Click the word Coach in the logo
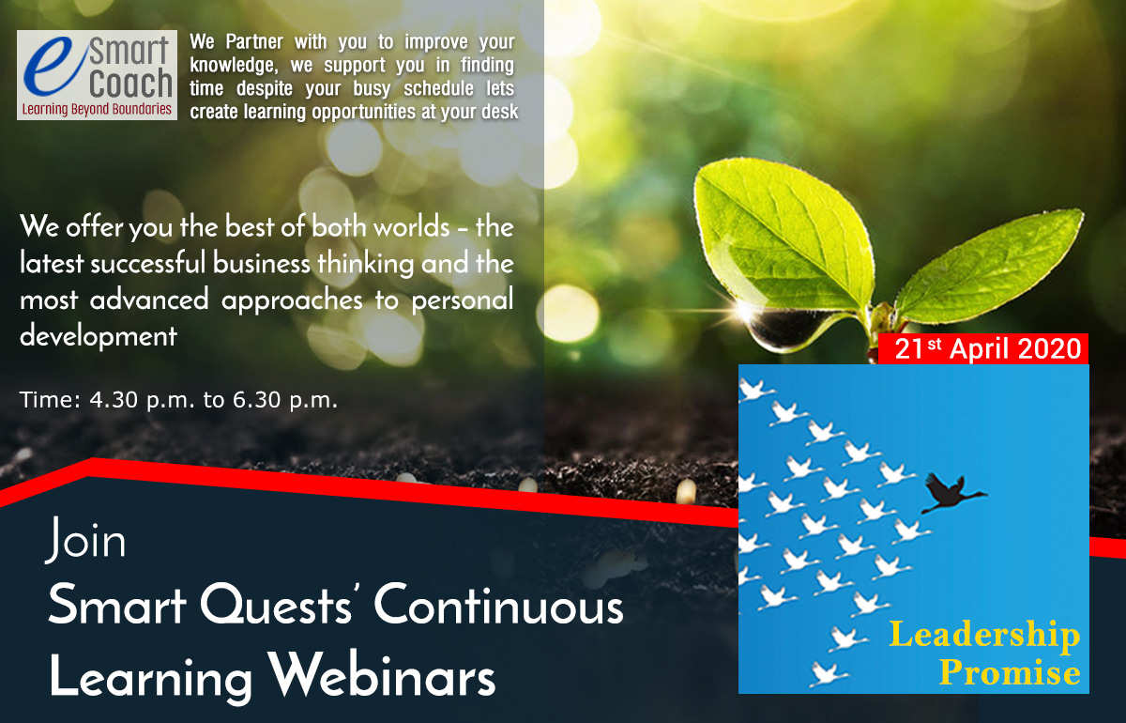click(x=130, y=83)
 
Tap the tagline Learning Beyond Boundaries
click(x=97, y=109)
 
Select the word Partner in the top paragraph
click(x=254, y=41)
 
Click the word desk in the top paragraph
click(x=499, y=111)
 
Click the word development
click(x=99, y=336)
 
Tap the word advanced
click(x=149, y=300)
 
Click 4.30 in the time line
click(x=114, y=400)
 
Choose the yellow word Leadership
click(x=984, y=636)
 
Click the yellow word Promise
click(x=1010, y=671)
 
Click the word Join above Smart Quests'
click(x=85, y=540)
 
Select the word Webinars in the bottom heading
click(x=382, y=674)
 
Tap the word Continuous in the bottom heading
click(x=498, y=605)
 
